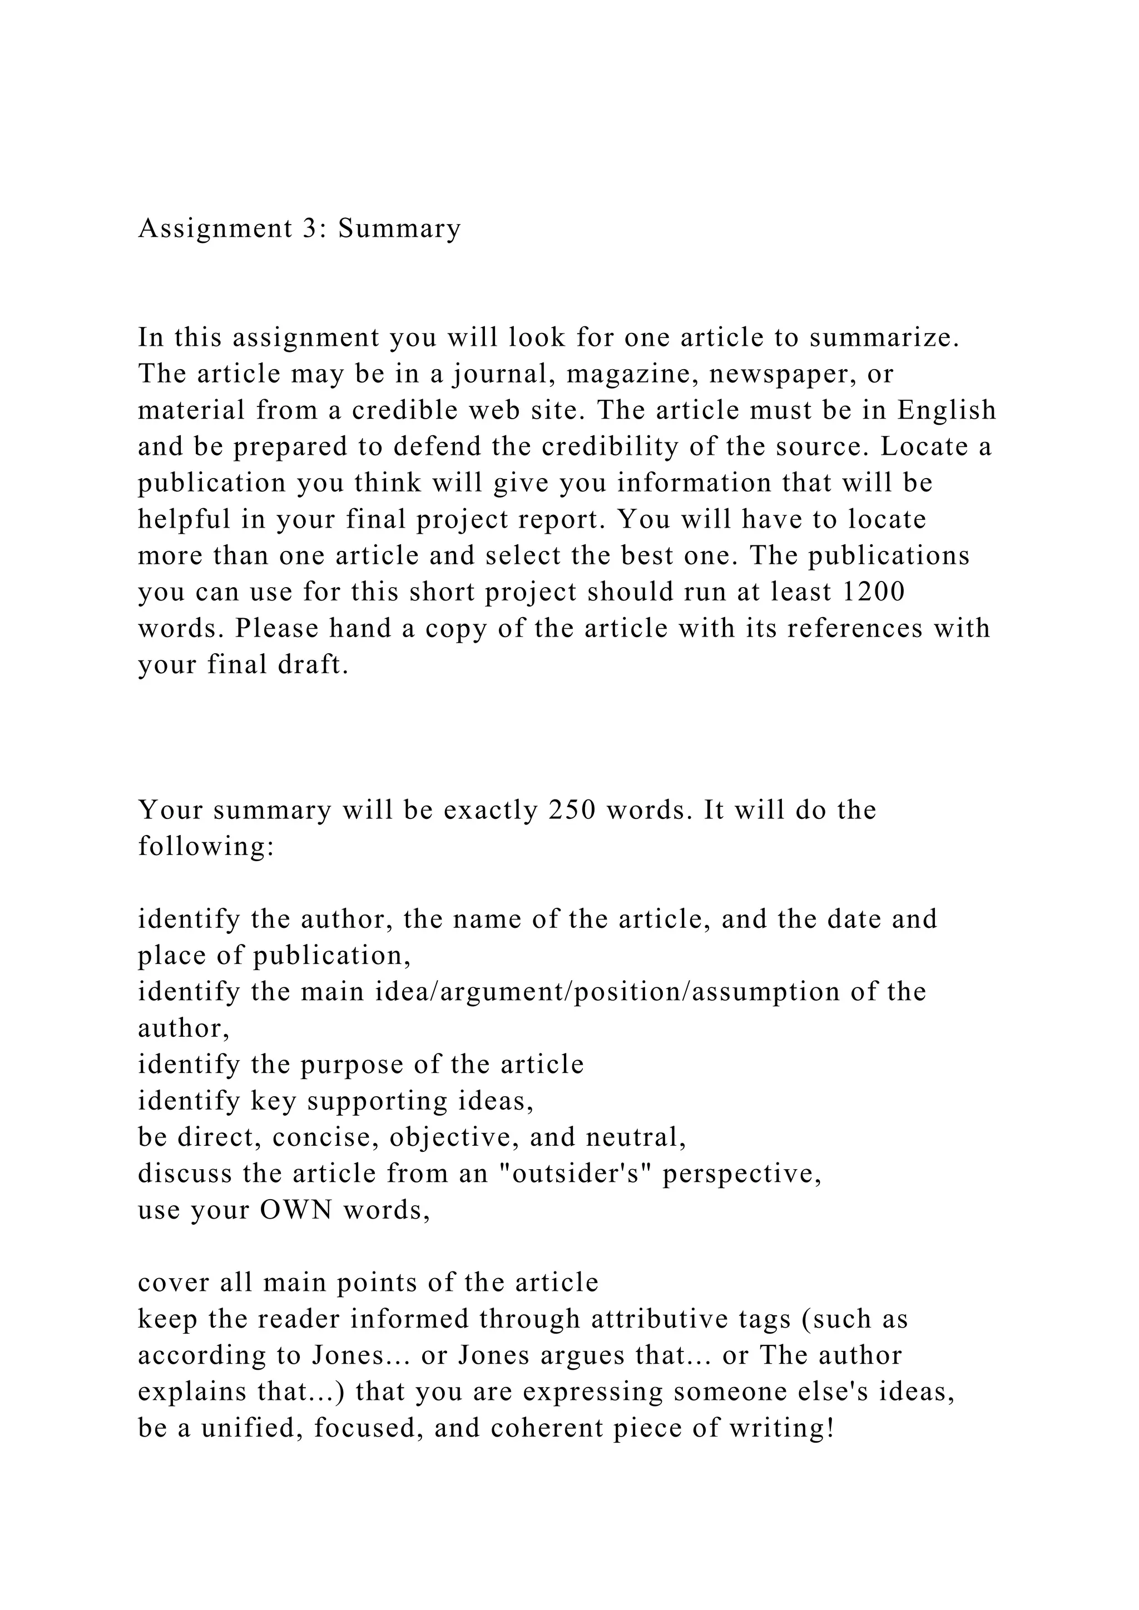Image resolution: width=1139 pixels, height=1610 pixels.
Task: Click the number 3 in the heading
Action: (310, 228)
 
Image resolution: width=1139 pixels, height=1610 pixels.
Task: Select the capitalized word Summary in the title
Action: (400, 228)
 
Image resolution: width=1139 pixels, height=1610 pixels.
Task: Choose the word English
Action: (947, 410)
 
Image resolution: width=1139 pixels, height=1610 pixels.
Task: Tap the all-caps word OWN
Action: (296, 1210)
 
